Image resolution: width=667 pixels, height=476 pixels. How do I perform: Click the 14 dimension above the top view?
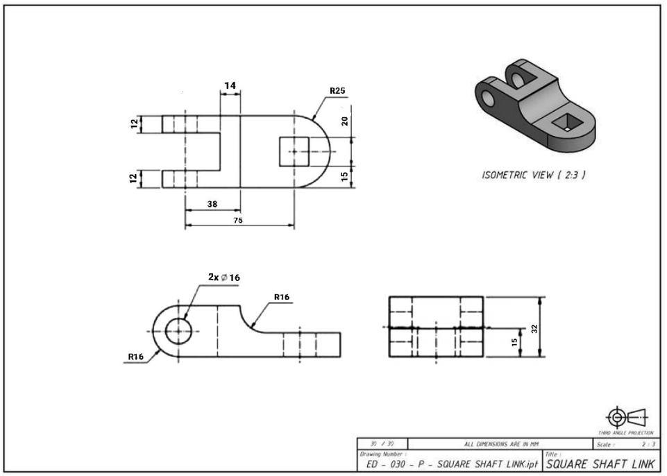tap(230, 85)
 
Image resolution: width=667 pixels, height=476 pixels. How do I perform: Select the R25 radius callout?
tap(338, 90)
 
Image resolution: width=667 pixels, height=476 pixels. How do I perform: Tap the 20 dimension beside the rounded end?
tap(345, 121)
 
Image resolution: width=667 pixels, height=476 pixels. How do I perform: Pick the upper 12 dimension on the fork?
tap(133, 124)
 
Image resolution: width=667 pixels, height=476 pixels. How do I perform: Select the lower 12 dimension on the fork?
tap(133, 178)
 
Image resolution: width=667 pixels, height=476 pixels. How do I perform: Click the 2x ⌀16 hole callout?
tap(224, 277)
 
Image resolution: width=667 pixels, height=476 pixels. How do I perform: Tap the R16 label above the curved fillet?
tap(281, 296)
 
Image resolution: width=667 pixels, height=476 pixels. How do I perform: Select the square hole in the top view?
tap(294, 151)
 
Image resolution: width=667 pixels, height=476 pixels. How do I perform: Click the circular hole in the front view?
tap(179, 331)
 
